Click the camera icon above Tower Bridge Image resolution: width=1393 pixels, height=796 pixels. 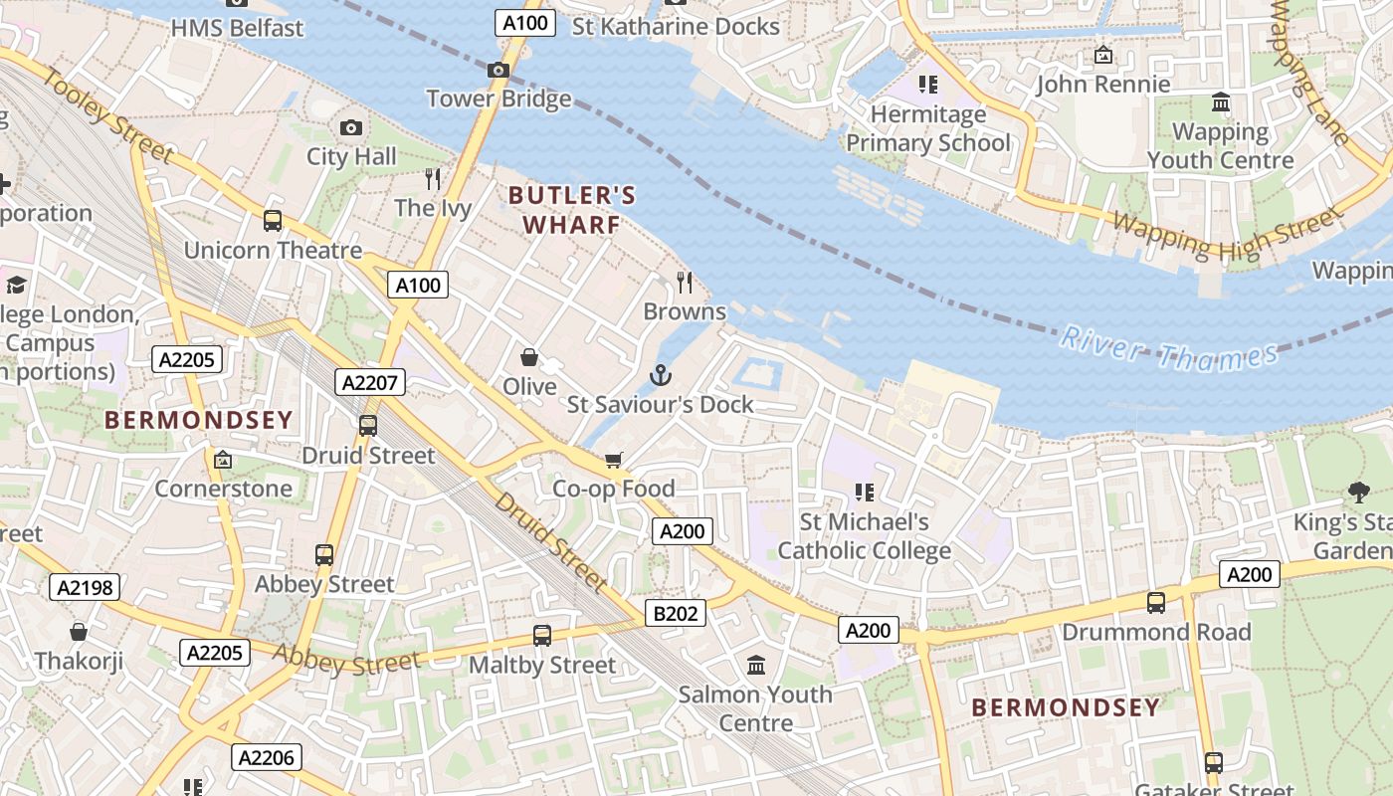[498, 70]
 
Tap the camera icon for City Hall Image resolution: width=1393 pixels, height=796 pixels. [350, 127]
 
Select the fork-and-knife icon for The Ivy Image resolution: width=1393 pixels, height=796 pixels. [433, 179]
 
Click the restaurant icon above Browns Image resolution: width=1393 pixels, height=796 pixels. [685, 283]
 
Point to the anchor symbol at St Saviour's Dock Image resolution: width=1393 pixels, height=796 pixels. [660, 375]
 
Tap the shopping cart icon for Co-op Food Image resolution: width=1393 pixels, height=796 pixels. [614, 460]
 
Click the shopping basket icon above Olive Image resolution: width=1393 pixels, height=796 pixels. [529, 357]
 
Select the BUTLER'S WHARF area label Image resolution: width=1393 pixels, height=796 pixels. [572, 210]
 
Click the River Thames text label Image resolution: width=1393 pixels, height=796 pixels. [1168, 348]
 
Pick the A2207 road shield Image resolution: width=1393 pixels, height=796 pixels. [370, 382]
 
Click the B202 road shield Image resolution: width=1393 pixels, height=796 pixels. [676, 613]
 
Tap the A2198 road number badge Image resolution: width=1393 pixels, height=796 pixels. [85, 587]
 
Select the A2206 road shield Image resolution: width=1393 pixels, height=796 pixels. [267, 758]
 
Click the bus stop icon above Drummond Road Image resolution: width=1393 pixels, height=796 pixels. [1155, 602]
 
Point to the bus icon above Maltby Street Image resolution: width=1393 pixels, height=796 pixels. [542, 635]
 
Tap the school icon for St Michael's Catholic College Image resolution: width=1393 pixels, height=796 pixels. [864, 492]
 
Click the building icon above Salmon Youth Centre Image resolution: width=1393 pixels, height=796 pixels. [756, 665]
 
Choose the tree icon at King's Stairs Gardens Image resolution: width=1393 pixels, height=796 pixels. [1358, 492]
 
